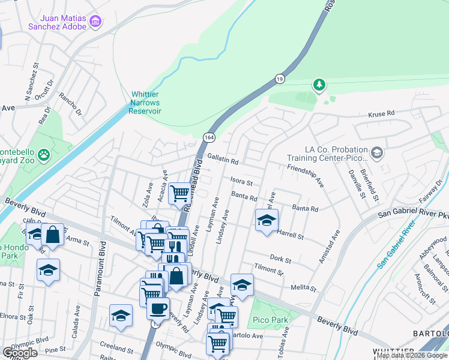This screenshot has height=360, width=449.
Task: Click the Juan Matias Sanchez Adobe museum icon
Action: click(x=95, y=22)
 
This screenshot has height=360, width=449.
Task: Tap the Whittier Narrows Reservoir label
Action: click(x=146, y=103)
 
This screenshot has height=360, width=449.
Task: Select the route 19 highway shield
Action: click(x=279, y=79)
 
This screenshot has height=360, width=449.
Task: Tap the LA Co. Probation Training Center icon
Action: click(x=377, y=152)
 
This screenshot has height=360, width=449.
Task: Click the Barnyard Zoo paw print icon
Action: click(x=44, y=156)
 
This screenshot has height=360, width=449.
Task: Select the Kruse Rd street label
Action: click(x=381, y=113)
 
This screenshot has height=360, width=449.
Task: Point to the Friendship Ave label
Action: click(x=305, y=176)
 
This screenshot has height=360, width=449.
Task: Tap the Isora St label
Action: click(x=241, y=182)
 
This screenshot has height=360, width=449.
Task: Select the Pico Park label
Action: click(x=270, y=320)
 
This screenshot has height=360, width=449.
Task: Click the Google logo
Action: click(x=20, y=353)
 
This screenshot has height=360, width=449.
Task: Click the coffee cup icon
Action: click(x=158, y=309)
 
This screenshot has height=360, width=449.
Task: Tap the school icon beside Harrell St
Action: click(x=267, y=220)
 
